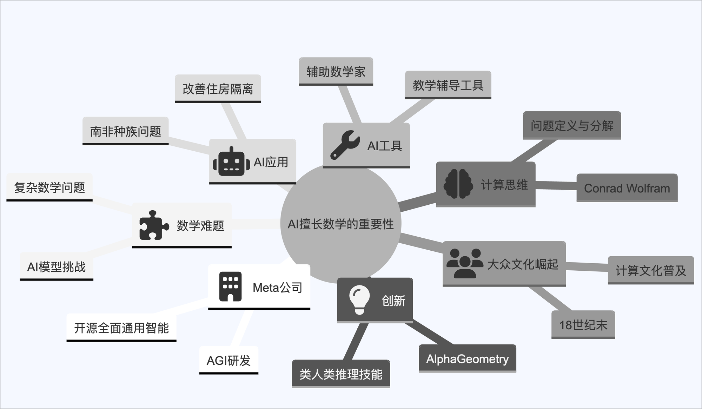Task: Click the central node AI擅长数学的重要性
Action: point(340,224)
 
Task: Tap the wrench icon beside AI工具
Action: point(345,145)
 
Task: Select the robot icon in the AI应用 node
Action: point(231,162)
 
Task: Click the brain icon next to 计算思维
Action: point(458,184)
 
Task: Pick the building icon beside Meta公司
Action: point(230,287)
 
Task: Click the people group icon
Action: point(465,264)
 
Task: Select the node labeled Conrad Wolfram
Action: point(627,188)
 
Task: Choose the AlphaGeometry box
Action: point(467,359)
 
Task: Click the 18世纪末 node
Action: point(583,325)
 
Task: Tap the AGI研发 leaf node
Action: point(229,360)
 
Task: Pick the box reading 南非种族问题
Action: point(125,131)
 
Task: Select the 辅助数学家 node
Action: point(336,72)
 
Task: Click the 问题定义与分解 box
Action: point(572,126)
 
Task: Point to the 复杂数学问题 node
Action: point(49,187)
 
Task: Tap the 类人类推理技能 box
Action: point(341,374)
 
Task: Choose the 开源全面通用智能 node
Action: point(121,328)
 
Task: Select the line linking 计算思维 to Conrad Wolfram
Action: point(556,186)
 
